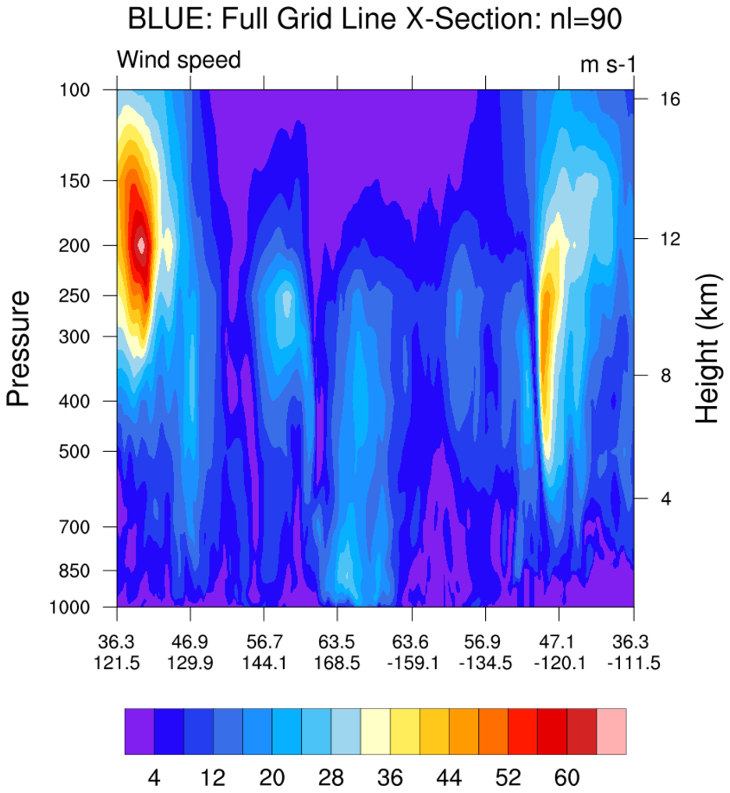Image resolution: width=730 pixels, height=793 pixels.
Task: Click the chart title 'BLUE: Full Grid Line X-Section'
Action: point(374,20)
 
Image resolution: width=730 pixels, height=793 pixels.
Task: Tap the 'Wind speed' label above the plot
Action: point(179,60)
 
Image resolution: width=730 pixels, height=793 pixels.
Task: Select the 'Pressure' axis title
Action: point(19,348)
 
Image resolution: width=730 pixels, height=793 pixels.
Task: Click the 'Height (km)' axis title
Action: point(707,349)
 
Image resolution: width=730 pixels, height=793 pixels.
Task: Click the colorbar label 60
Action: point(567,777)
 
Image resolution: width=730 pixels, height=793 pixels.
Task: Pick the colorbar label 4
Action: point(154,777)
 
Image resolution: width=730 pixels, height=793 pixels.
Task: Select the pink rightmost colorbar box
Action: point(611,731)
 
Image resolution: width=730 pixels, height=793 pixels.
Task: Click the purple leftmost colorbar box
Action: point(139,731)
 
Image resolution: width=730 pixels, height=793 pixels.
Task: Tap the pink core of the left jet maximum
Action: point(140,244)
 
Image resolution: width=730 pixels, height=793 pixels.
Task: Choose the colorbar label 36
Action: point(390,777)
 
